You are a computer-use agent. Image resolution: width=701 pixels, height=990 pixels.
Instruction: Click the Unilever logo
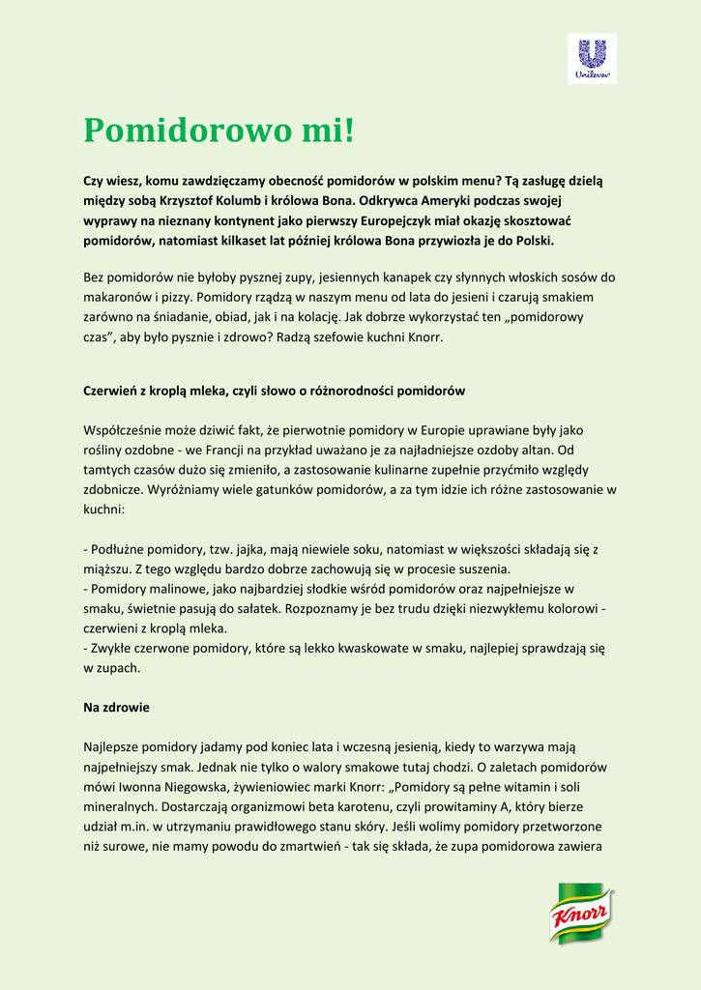tap(592, 58)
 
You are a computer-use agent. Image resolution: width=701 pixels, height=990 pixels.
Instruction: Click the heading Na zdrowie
tap(116, 707)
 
